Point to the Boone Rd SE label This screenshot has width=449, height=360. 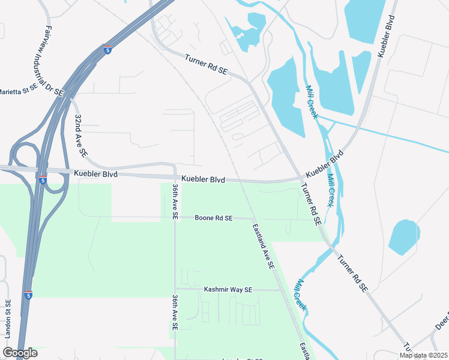(214, 218)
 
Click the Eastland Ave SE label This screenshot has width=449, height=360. (264, 245)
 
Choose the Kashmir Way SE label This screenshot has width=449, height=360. (228, 289)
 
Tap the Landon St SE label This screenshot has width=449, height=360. (8, 321)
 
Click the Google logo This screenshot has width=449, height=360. (20, 353)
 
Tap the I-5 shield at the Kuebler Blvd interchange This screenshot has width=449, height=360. (42, 179)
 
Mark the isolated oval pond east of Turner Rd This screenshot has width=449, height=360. (404, 236)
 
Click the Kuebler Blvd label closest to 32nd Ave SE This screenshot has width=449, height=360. (96, 174)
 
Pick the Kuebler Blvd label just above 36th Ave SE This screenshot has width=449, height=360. (203, 179)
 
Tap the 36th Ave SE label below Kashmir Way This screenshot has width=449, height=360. (175, 312)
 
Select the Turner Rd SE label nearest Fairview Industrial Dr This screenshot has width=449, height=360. (206, 65)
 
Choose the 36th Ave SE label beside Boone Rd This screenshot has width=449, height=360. (175, 202)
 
